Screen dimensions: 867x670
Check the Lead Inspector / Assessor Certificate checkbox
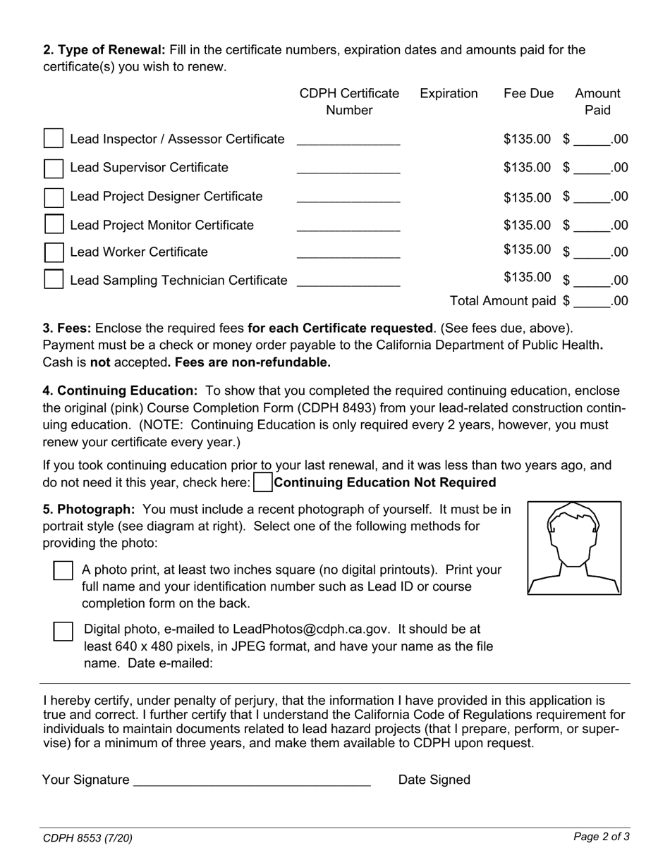tap(54, 139)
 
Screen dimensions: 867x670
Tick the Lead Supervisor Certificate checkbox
tap(54, 168)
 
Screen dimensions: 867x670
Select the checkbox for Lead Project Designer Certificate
tap(54, 197)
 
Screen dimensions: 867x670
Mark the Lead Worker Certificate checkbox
tap(54, 252)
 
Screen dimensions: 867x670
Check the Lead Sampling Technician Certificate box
tap(54, 280)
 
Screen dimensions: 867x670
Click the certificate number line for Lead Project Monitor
tap(348, 226)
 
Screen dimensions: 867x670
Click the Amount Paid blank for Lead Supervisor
tap(592, 168)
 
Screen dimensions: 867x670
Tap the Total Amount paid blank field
tap(592, 302)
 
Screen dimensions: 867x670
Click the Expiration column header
tap(449, 94)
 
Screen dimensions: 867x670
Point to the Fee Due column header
tap(528, 94)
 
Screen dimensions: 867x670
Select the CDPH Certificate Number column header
tap(349, 102)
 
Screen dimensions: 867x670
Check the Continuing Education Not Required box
tap(262, 483)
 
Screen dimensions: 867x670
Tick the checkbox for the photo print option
tap(63, 571)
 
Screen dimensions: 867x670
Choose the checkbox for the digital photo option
tap(63, 631)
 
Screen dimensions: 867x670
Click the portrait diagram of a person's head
tap(574, 548)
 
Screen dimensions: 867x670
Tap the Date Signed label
tap(434, 780)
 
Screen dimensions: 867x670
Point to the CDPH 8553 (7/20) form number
tap(87, 838)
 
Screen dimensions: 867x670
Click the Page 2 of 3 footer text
tap(601, 837)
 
